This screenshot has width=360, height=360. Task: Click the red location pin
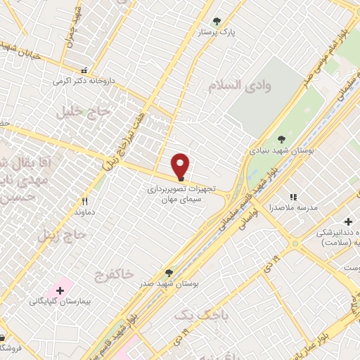181,166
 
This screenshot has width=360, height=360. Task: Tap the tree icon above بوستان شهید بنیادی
282,139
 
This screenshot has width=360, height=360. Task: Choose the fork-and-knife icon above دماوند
84,200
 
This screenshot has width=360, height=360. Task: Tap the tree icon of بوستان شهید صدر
169,272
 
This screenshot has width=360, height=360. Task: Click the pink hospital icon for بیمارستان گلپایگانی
60,288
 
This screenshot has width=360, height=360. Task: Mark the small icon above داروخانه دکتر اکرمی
84,70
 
